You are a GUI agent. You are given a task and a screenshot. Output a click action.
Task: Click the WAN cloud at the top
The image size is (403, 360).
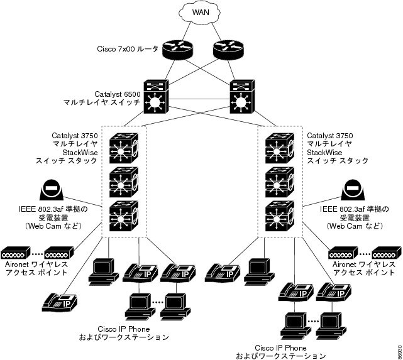201,13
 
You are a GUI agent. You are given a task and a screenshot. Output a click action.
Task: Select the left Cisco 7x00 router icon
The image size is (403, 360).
177,49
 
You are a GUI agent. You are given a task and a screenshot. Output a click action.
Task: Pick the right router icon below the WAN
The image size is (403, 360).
228,49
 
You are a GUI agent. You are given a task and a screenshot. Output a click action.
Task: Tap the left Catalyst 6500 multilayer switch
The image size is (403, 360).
156,97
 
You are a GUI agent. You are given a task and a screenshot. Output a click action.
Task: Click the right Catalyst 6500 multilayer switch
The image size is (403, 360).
242,97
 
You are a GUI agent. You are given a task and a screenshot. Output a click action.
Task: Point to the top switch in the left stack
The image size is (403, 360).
124,148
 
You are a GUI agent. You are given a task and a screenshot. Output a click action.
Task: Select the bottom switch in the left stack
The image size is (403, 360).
124,215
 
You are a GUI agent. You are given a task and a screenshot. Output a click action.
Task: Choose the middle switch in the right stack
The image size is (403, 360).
280,182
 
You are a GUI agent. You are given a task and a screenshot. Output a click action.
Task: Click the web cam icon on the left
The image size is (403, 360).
52,190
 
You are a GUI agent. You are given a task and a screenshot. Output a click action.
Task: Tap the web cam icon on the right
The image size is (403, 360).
353,190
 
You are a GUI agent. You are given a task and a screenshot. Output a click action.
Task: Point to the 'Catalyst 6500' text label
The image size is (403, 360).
117,94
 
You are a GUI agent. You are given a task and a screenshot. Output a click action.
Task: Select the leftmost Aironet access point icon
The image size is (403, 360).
16,253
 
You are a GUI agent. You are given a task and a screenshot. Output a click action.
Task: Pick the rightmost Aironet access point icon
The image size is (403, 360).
387,253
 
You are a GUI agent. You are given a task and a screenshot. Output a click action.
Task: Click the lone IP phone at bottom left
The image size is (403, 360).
60,302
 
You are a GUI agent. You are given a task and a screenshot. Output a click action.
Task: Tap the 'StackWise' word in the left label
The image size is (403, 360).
80,153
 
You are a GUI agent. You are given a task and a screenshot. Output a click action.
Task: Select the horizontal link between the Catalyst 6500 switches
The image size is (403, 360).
199,99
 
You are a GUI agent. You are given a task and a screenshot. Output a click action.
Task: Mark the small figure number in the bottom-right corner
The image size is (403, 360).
399,352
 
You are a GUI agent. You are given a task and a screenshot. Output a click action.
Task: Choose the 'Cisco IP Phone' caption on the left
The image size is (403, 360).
124,329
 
